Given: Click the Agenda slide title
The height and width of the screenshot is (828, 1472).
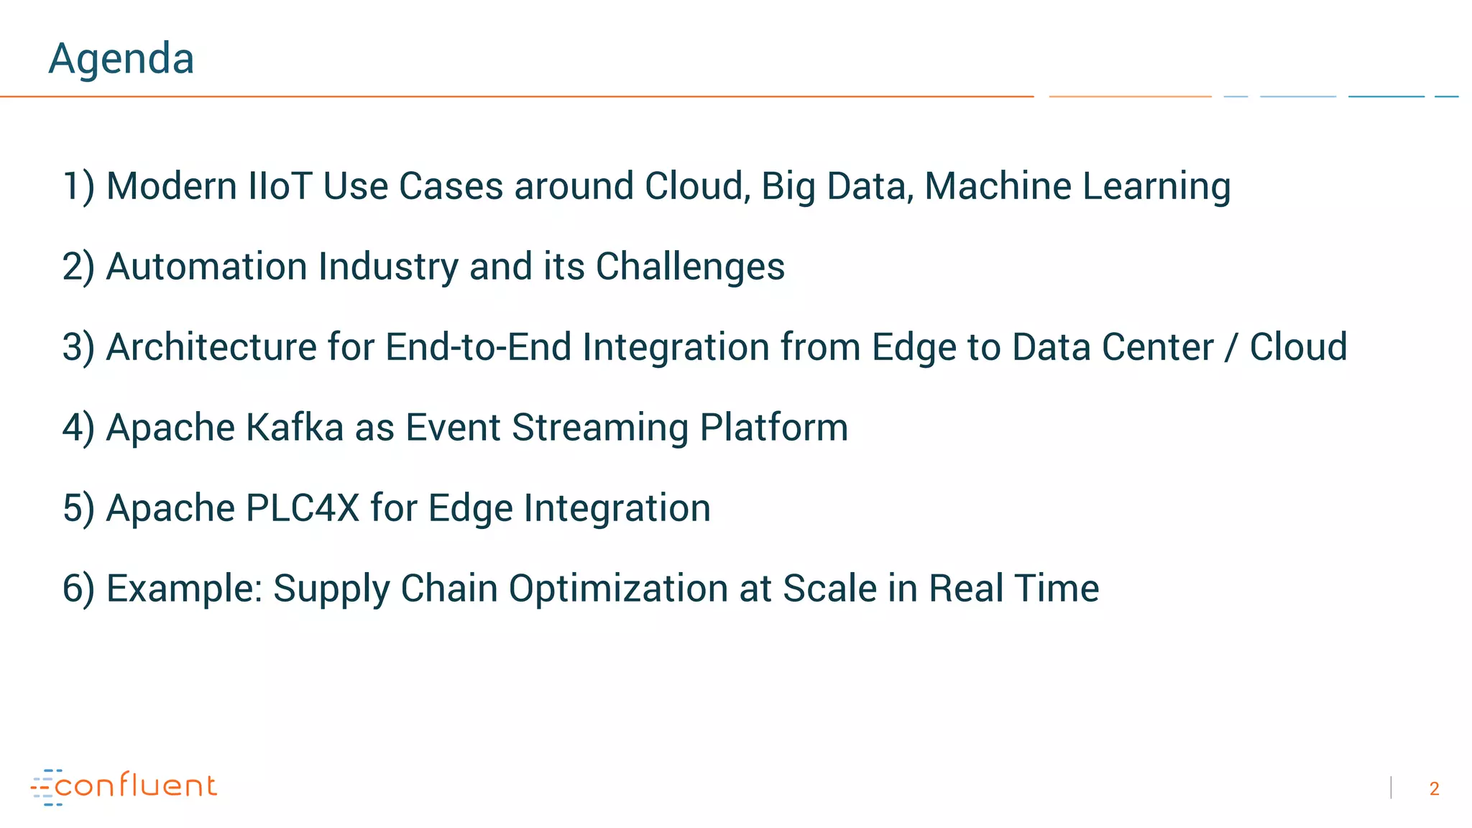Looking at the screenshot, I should coord(121,58).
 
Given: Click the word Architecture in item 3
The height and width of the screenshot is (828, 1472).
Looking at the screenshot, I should coord(211,347).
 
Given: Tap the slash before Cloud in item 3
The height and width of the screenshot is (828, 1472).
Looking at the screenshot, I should coord(1232,348).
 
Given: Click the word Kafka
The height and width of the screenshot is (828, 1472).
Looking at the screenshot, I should coord(295,428).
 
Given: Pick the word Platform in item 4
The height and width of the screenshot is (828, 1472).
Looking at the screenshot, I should coord(774,428).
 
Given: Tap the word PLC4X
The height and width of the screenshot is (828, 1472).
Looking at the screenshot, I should coord(302,508).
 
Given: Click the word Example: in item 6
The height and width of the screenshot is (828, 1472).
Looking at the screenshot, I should coord(184,589).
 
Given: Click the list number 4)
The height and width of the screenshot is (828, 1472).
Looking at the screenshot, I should coord(78,428).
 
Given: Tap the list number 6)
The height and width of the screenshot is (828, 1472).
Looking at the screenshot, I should coord(78,589).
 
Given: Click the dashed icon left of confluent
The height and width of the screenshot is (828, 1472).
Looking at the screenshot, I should coord(44,787).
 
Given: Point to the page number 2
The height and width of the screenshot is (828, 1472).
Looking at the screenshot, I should coord(1434,789).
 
